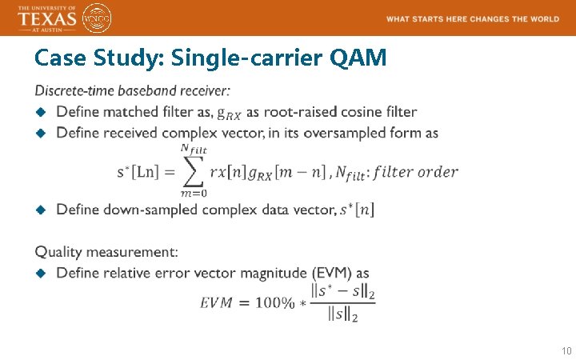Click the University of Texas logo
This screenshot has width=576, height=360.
pyautogui.click(x=47, y=18)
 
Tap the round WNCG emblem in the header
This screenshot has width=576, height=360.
pyautogui.click(x=97, y=18)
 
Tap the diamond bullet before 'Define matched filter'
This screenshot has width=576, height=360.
pyautogui.click(x=42, y=112)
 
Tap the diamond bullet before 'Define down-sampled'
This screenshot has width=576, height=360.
pyautogui.click(x=42, y=210)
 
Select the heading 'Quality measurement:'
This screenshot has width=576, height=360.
pyautogui.click(x=106, y=252)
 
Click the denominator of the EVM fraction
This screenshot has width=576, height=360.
pyautogui.click(x=343, y=316)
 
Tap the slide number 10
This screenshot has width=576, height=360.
pyautogui.click(x=566, y=351)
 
